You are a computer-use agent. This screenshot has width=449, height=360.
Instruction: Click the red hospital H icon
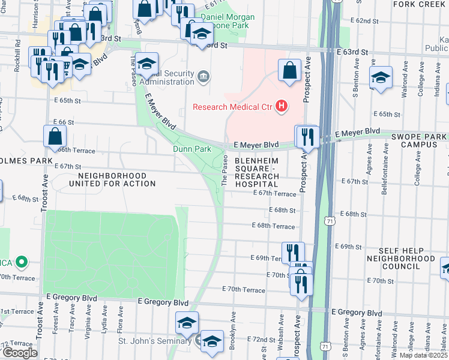click(x=281, y=107)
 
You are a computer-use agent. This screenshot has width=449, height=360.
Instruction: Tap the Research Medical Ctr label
click(x=232, y=108)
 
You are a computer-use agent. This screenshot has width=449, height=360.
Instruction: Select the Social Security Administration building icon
click(x=203, y=76)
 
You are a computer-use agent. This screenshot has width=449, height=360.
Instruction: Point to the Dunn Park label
click(x=191, y=148)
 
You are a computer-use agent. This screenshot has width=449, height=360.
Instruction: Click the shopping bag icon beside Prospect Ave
click(x=289, y=70)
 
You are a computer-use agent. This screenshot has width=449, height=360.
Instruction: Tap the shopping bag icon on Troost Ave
click(x=55, y=136)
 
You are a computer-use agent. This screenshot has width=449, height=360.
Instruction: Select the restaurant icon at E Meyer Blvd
click(x=307, y=137)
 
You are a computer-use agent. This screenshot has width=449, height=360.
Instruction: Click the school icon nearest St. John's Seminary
click(x=211, y=341)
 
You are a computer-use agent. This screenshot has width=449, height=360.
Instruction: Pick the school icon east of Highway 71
click(x=381, y=78)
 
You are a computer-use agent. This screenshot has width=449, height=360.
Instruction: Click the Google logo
click(x=19, y=353)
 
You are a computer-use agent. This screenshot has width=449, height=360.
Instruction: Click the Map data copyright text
click(x=424, y=355)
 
